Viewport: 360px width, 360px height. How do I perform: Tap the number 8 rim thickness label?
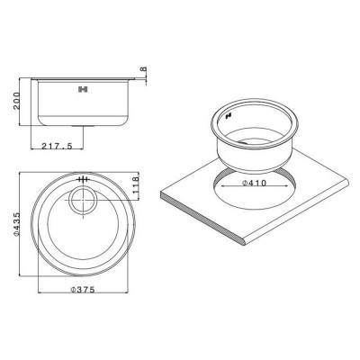point(142,70)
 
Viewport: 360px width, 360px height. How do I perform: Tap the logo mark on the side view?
point(84,90)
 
